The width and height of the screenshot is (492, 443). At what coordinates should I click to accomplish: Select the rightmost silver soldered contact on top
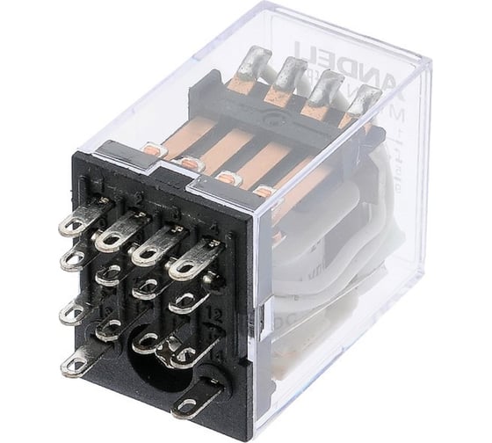coord(361,103)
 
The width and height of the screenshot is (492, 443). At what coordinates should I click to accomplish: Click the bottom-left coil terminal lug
coord(79,359)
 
